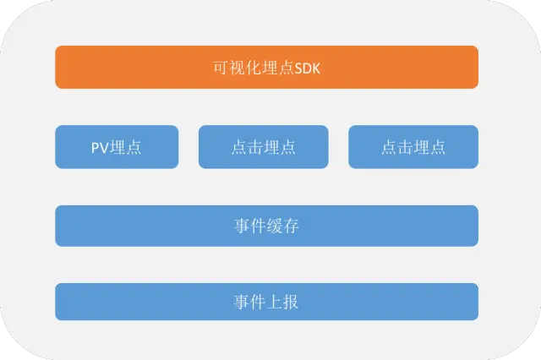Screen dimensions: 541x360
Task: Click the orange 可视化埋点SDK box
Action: [266, 67]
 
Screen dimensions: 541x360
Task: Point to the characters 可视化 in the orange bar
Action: [236, 67]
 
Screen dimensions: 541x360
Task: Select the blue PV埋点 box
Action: [117, 147]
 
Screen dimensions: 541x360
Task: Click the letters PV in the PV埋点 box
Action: [100, 147]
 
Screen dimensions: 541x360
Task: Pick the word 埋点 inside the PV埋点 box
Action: [125, 147]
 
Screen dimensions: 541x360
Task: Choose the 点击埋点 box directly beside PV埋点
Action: [263, 147]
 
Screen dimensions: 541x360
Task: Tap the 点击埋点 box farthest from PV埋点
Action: [413, 147]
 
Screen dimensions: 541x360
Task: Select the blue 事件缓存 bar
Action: [266, 226]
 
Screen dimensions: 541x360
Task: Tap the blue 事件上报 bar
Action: [266, 302]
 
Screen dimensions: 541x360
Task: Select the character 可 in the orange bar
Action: [221, 67]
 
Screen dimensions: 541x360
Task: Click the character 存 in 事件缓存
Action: [292, 226]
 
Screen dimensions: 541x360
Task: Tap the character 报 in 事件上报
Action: [292, 302]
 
